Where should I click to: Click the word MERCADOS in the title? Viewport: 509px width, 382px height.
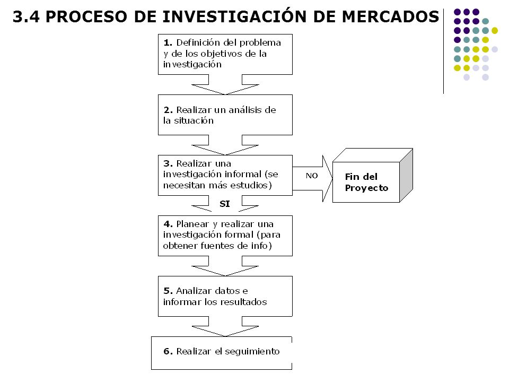[x=390, y=17]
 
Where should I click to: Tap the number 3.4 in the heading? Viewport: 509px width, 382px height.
[x=27, y=17]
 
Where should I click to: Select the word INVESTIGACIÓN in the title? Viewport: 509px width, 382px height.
[x=234, y=16]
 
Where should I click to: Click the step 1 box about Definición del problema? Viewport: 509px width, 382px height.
[x=225, y=54]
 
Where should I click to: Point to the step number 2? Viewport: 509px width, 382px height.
[x=168, y=110]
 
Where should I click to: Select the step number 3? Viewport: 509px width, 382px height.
[x=168, y=163]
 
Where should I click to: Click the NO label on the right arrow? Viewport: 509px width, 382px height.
[x=312, y=176]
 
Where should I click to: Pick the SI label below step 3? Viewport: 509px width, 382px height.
[x=225, y=204]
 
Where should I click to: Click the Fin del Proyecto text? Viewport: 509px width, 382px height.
[x=366, y=182]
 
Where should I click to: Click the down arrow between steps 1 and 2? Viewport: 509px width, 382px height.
[x=225, y=84]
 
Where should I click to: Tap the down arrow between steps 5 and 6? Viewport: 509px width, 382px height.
[x=225, y=326]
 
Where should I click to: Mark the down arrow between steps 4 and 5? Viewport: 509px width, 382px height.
[x=225, y=266]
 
